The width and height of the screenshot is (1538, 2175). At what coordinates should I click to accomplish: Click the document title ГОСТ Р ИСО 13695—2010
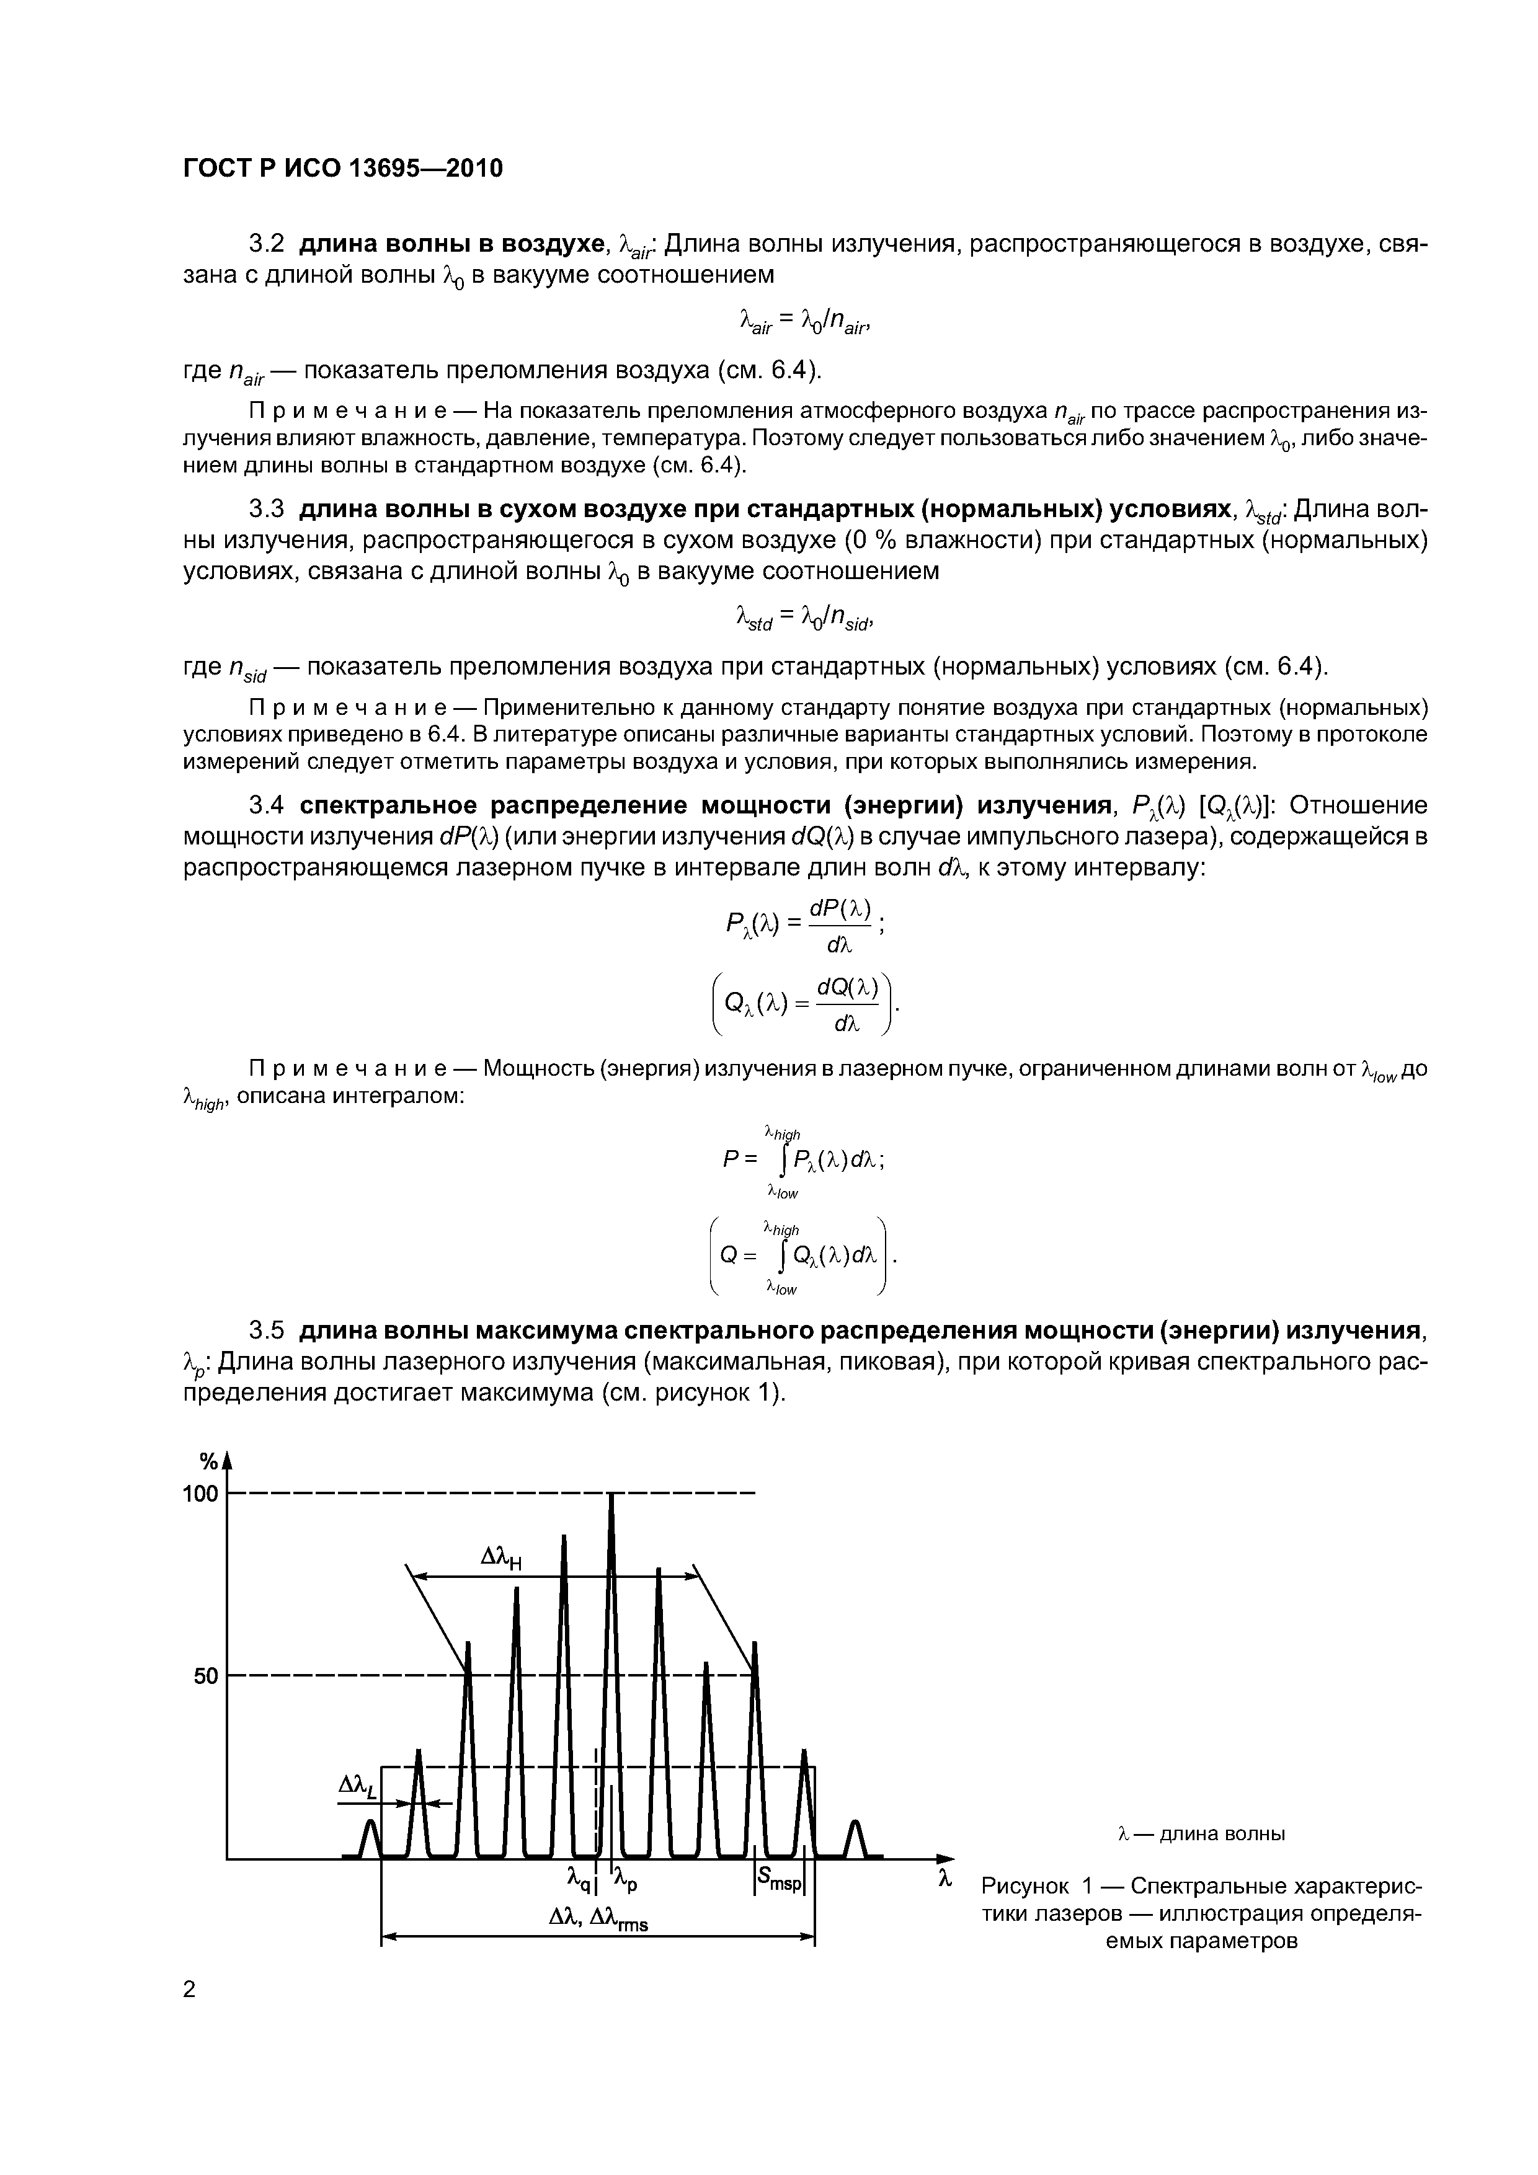(342, 169)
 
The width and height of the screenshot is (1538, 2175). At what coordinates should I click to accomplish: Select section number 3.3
(266, 510)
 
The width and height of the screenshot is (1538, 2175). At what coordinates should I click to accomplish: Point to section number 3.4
(266, 806)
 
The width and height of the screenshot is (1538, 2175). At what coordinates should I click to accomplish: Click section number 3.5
(266, 1331)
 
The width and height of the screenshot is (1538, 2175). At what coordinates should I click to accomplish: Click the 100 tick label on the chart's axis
(199, 1495)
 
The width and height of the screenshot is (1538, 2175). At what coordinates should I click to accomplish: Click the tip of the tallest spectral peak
(611, 1497)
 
